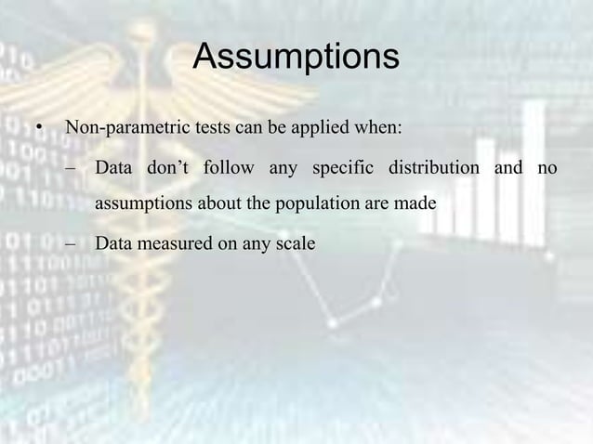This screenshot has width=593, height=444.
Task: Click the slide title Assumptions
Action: (x=296, y=58)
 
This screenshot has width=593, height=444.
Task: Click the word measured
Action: (x=170, y=244)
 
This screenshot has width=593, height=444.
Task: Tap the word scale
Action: (x=296, y=244)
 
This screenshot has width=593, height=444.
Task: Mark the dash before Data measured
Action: (x=72, y=244)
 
